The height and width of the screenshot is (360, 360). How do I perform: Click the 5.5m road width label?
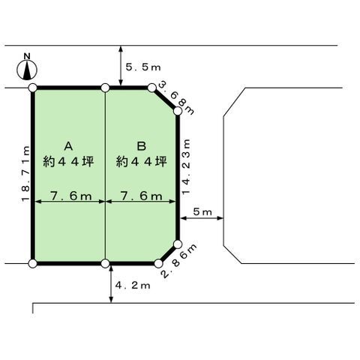[143, 67]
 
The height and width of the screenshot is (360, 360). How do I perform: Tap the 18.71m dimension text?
[25, 174]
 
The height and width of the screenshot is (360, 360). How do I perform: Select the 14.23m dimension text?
[186, 166]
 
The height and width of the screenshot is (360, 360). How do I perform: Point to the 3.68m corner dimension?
[176, 99]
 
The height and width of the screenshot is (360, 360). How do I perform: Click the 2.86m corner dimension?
[179, 262]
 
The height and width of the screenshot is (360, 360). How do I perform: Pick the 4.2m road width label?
[133, 286]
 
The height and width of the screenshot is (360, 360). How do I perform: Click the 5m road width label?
[202, 212]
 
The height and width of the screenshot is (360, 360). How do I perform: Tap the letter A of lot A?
[68, 146]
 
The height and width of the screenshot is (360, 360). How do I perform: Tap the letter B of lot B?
[142, 146]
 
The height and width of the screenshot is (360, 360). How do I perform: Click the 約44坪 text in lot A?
[68, 162]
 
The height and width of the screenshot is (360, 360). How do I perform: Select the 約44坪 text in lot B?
[142, 162]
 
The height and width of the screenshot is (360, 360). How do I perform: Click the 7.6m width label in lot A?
[70, 196]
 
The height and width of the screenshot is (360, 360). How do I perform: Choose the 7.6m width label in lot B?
[142, 196]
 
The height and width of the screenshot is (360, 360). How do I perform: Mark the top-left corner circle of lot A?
[33, 88]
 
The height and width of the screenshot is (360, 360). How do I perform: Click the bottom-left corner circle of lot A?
[33, 263]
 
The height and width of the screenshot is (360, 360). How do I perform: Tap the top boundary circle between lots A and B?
[105, 88]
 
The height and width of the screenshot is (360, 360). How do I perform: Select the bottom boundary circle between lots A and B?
[105, 263]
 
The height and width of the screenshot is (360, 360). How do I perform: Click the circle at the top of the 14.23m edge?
[178, 111]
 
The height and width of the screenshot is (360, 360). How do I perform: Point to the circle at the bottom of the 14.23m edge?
[178, 244]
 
